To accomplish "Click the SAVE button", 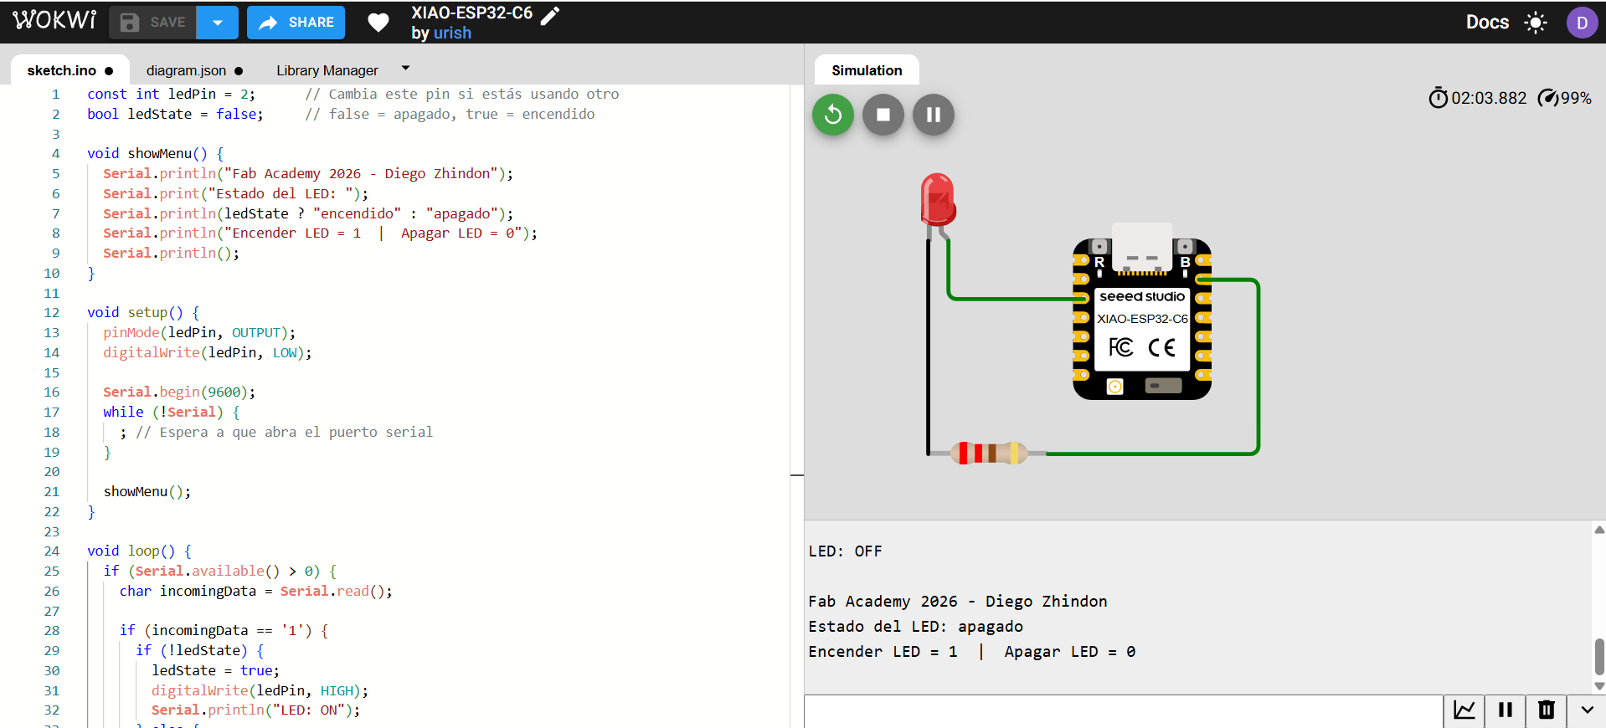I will click(153, 23).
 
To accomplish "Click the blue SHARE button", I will click(296, 23).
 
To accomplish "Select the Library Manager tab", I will click(327, 70).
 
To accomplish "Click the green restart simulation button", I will click(832, 115).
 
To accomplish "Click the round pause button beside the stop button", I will click(933, 115).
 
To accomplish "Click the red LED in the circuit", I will click(937, 199).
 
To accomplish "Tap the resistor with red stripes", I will click(989, 454).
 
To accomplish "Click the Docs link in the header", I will click(1486, 23).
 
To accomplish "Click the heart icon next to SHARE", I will click(378, 23).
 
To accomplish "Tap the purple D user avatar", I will click(1581, 23).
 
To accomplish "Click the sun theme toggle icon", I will click(1535, 23).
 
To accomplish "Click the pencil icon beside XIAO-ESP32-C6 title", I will click(550, 15).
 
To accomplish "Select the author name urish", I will click(452, 33).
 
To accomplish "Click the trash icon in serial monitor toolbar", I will click(1546, 710).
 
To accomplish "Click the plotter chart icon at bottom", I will click(1464, 710).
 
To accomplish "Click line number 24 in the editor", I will click(52, 551).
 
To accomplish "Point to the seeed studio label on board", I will click(1141, 296).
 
